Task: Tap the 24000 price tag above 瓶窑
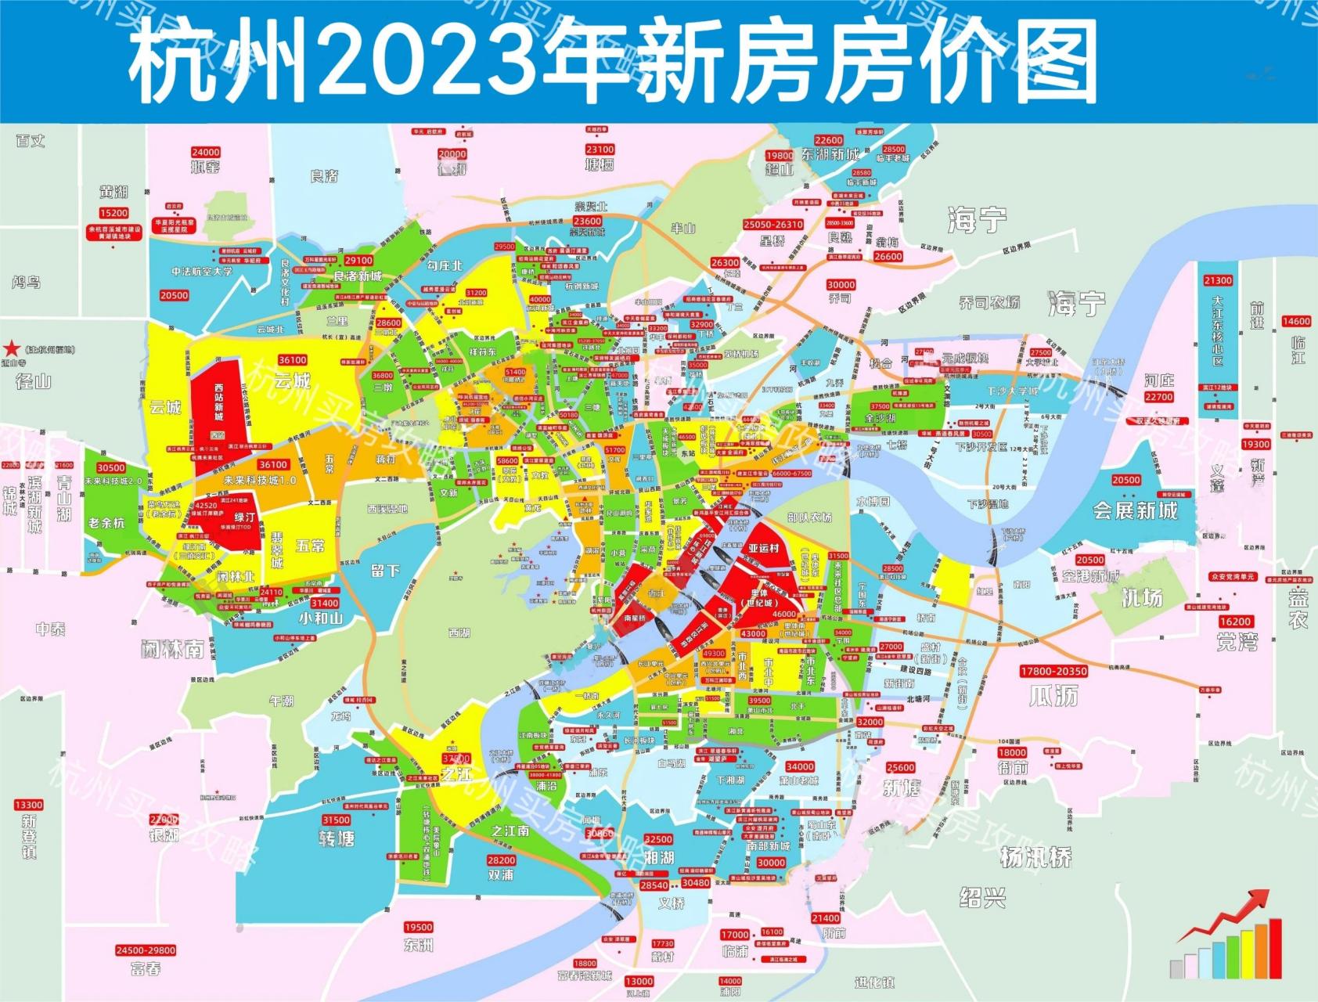[x=206, y=153]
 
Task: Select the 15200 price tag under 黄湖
[x=113, y=213]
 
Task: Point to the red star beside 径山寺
[x=12, y=349]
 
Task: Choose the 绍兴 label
[x=981, y=897]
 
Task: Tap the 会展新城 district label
[x=1135, y=511]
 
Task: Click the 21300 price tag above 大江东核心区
[x=1218, y=280]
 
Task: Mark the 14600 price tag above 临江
[x=1295, y=321]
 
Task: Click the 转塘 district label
[x=337, y=838]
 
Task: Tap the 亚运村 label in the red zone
[x=764, y=548]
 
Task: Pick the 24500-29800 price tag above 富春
[x=146, y=950]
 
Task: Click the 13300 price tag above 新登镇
[x=29, y=805]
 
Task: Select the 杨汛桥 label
[x=1036, y=857]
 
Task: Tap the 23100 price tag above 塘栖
[x=600, y=150]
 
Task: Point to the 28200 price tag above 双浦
[x=501, y=860]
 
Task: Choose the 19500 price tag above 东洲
[x=419, y=928]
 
